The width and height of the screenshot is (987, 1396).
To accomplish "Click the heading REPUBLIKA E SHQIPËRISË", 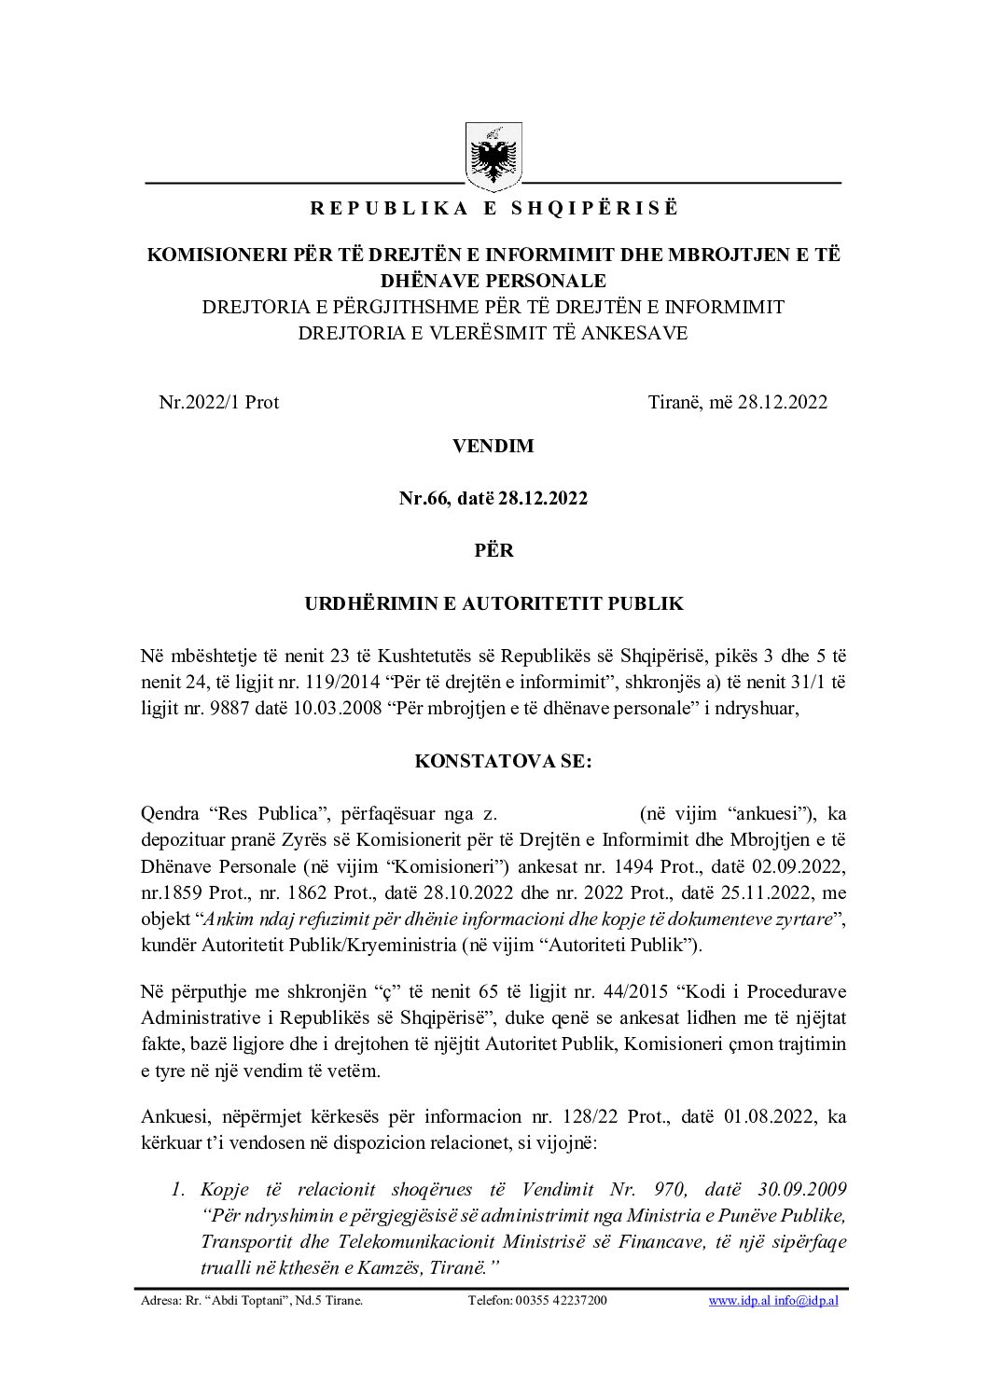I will (x=493, y=208).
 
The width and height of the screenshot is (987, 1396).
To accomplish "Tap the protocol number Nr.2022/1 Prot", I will (x=219, y=403).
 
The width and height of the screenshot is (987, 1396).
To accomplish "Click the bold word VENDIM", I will (x=493, y=446).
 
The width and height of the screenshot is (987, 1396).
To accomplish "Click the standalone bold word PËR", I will (x=493, y=551).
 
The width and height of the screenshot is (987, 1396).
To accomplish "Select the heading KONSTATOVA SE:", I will (x=493, y=761).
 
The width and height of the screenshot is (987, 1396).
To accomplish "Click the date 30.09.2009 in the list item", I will (x=795, y=1190).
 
